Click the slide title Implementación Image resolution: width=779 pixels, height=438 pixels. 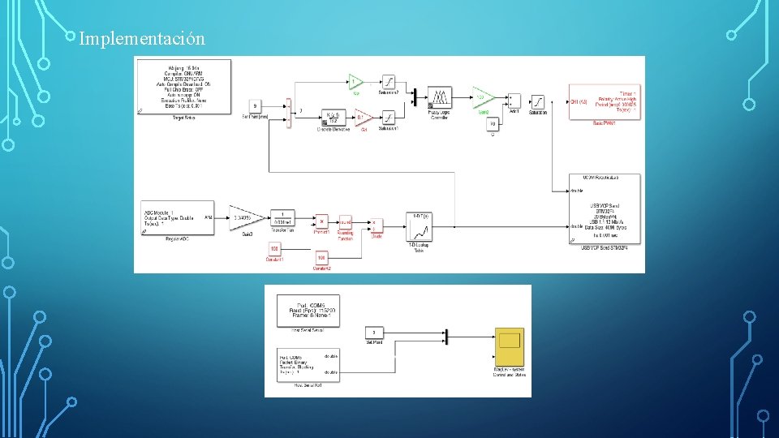pos(142,38)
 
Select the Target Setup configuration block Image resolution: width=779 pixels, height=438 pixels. pos(184,84)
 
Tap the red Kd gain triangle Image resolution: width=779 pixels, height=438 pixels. pos(364,117)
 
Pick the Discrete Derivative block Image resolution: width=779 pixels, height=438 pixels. pos(331,118)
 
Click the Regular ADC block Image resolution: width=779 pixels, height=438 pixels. pos(178,217)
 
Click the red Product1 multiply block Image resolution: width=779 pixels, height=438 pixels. pos(322,221)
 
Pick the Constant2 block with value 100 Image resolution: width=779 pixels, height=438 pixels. pos(321,257)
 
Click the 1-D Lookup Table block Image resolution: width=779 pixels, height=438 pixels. pos(420,226)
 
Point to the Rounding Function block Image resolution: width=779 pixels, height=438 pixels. pos(345,221)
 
